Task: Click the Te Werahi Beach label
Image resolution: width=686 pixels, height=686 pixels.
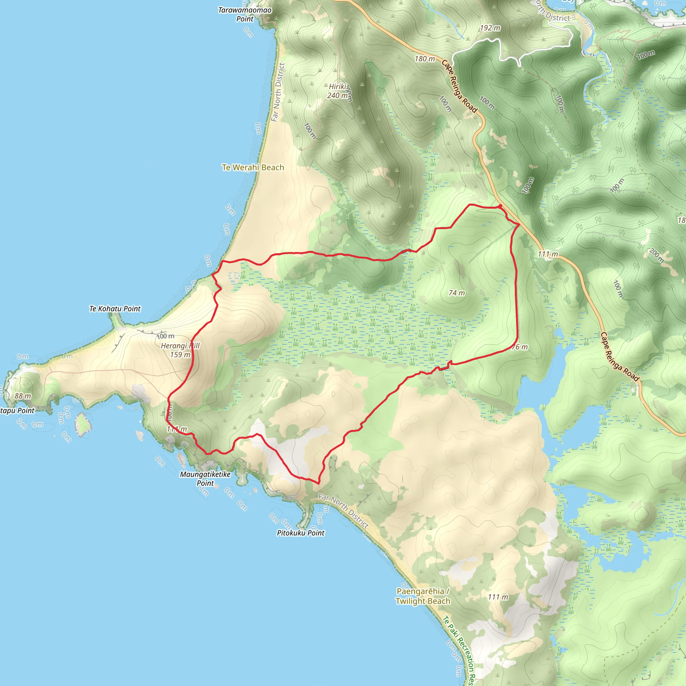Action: tap(253, 167)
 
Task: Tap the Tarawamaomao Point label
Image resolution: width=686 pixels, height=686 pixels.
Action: tap(245, 14)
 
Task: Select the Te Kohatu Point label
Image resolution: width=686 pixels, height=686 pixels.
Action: tap(115, 308)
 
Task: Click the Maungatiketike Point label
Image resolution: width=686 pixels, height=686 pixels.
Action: tap(205, 479)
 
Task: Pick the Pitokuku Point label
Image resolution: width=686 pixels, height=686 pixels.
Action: tap(300, 533)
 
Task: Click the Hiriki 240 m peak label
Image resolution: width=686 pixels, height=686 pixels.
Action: tap(338, 91)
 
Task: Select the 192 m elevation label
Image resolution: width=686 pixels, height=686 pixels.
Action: tap(490, 28)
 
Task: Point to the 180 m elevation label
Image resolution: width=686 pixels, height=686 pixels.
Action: tap(425, 59)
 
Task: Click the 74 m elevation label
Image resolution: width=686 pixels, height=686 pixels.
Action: tap(457, 293)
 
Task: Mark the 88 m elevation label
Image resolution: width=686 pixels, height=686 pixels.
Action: tap(23, 396)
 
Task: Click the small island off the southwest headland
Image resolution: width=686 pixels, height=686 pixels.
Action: tap(83, 424)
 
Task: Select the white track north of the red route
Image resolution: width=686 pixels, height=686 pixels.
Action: tap(511, 50)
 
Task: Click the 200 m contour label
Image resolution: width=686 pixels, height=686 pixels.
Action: tap(657, 255)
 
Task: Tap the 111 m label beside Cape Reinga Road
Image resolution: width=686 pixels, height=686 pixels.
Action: tap(548, 254)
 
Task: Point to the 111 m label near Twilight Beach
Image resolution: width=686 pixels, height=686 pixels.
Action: tap(498, 597)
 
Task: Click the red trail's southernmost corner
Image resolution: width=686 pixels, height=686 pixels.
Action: tap(318, 483)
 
